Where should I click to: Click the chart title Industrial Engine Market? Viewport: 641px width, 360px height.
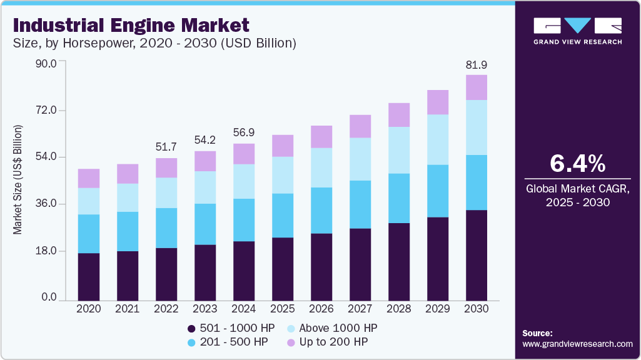[x=131, y=25]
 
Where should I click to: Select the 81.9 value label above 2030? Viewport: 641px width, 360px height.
[x=476, y=64]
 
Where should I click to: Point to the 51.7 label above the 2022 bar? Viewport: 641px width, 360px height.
[x=166, y=147]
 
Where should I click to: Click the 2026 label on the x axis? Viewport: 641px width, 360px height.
[x=321, y=309]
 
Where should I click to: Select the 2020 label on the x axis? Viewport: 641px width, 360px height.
[x=88, y=309]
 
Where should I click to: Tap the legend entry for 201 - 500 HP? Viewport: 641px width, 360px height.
[x=230, y=342]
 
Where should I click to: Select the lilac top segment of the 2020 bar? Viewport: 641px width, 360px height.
[x=88, y=178]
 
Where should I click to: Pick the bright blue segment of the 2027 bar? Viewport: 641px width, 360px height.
[x=360, y=204]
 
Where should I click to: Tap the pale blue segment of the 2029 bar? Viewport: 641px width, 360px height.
[x=437, y=139]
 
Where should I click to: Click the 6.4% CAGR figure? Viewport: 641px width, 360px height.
[x=577, y=164]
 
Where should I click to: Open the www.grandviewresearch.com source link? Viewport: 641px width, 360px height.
[x=577, y=344]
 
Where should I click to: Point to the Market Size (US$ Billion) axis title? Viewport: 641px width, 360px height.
[x=18, y=180]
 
